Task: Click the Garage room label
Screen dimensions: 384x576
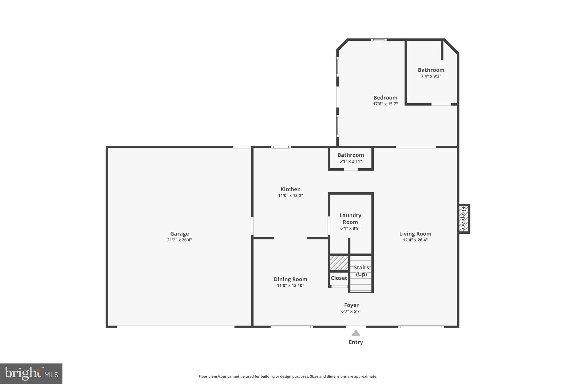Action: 179,234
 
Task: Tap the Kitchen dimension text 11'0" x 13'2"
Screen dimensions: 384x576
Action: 290,196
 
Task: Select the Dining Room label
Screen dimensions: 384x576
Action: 290,279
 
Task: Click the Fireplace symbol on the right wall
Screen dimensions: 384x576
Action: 463,219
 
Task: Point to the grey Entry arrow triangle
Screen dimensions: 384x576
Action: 356,333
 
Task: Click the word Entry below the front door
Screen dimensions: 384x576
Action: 356,342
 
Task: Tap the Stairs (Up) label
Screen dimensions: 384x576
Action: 361,271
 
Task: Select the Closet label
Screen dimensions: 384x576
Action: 339,278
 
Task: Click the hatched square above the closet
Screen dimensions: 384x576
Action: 339,263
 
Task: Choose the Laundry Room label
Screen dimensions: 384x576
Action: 350,219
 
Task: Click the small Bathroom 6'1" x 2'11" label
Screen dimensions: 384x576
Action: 350,155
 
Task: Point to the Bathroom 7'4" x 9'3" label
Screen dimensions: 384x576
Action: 431,70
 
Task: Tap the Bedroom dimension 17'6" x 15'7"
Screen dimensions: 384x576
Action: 385,104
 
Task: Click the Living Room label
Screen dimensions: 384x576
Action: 415,234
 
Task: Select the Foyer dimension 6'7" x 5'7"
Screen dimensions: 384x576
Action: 351,311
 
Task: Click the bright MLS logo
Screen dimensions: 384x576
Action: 31,374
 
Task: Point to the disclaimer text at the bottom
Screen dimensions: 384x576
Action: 288,376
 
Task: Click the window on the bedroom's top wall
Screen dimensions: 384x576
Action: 378,40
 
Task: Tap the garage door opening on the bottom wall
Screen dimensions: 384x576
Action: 175,327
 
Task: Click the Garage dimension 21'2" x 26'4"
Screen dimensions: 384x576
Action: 179,240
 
